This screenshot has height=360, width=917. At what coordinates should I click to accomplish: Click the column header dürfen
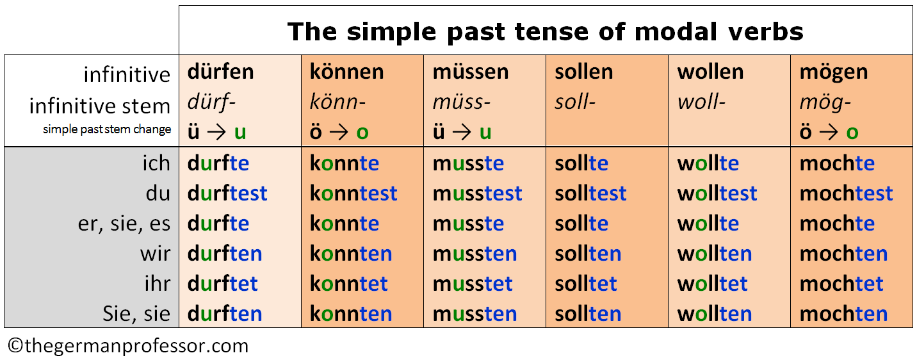pyautogui.click(x=221, y=72)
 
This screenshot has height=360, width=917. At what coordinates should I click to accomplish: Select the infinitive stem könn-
pyautogui.click(x=337, y=102)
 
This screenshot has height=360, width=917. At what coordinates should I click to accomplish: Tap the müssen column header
pyautogui.click(x=471, y=72)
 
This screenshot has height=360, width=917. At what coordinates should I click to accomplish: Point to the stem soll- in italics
pyautogui.click(x=575, y=102)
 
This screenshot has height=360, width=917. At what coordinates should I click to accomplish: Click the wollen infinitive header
pyautogui.click(x=710, y=72)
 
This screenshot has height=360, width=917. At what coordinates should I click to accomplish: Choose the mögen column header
pyautogui.click(x=834, y=73)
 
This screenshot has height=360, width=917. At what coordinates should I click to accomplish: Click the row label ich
pyautogui.click(x=156, y=163)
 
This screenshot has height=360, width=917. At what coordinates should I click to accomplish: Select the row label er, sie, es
pyautogui.click(x=124, y=224)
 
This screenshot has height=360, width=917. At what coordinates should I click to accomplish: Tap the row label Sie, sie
pyautogui.click(x=136, y=314)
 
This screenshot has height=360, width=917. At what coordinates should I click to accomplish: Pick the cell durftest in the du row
pyautogui.click(x=227, y=193)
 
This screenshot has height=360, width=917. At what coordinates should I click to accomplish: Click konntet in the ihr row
pyautogui.click(x=349, y=283)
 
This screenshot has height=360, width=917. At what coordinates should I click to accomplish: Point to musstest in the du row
pyautogui.click(x=477, y=193)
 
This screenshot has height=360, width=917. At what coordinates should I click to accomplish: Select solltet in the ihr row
pyautogui.click(x=586, y=283)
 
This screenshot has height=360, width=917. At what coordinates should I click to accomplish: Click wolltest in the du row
pyautogui.click(x=717, y=193)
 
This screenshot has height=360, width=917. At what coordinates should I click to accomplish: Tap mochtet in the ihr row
pyautogui.click(x=841, y=283)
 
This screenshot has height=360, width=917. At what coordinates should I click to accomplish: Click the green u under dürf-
pyautogui.click(x=240, y=133)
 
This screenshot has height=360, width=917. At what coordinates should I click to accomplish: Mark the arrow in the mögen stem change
pyautogui.click(x=829, y=133)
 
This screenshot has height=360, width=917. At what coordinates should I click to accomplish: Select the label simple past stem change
pyautogui.click(x=107, y=129)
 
